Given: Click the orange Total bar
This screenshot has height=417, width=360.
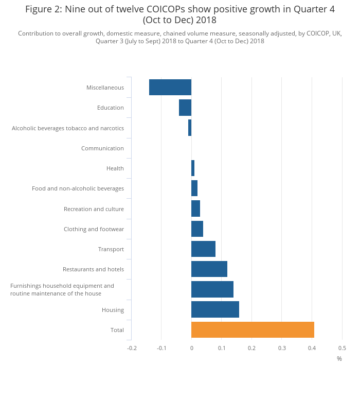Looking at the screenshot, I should (253, 330).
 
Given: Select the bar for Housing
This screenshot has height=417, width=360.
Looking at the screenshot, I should (215, 309).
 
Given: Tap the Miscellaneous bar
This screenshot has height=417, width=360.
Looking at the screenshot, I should (170, 88).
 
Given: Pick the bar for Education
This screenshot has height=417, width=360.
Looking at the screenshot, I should (185, 108).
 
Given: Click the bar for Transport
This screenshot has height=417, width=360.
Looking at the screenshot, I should (203, 249).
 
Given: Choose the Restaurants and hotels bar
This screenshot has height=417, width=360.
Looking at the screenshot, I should (209, 269).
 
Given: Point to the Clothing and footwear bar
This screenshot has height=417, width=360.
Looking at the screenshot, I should (197, 229).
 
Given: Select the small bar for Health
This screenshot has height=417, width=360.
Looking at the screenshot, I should (193, 168).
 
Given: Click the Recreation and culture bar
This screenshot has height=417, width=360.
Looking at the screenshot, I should (195, 208).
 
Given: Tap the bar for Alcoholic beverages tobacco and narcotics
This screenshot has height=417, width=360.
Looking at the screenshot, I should (190, 128).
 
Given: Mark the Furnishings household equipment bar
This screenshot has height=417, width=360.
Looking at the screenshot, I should (212, 289).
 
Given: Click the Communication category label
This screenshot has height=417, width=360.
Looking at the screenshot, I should (102, 148).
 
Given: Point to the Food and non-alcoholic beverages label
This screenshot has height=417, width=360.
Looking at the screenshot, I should (78, 188).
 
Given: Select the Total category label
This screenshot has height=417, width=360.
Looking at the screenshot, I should (117, 330).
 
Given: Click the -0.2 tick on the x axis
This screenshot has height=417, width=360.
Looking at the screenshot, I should (132, 349).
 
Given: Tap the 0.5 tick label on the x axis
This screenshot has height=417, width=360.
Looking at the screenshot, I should (342, 349).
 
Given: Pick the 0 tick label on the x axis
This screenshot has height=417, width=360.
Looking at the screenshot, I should (191, 349).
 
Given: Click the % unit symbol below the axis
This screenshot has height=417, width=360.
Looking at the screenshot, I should (339, 359).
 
